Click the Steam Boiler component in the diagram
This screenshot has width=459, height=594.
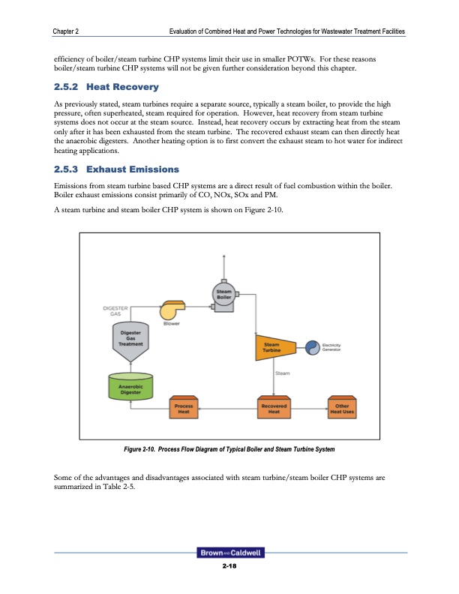[223, 295]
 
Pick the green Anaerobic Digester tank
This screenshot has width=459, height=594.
[130, 385]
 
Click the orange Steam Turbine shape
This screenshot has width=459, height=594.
[270, 346]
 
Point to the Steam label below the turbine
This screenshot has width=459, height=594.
[282, 372]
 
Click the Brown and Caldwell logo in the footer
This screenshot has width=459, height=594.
[229, 554]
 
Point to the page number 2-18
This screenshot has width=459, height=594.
[229, 567]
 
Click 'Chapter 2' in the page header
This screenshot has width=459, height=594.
[67, 31]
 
